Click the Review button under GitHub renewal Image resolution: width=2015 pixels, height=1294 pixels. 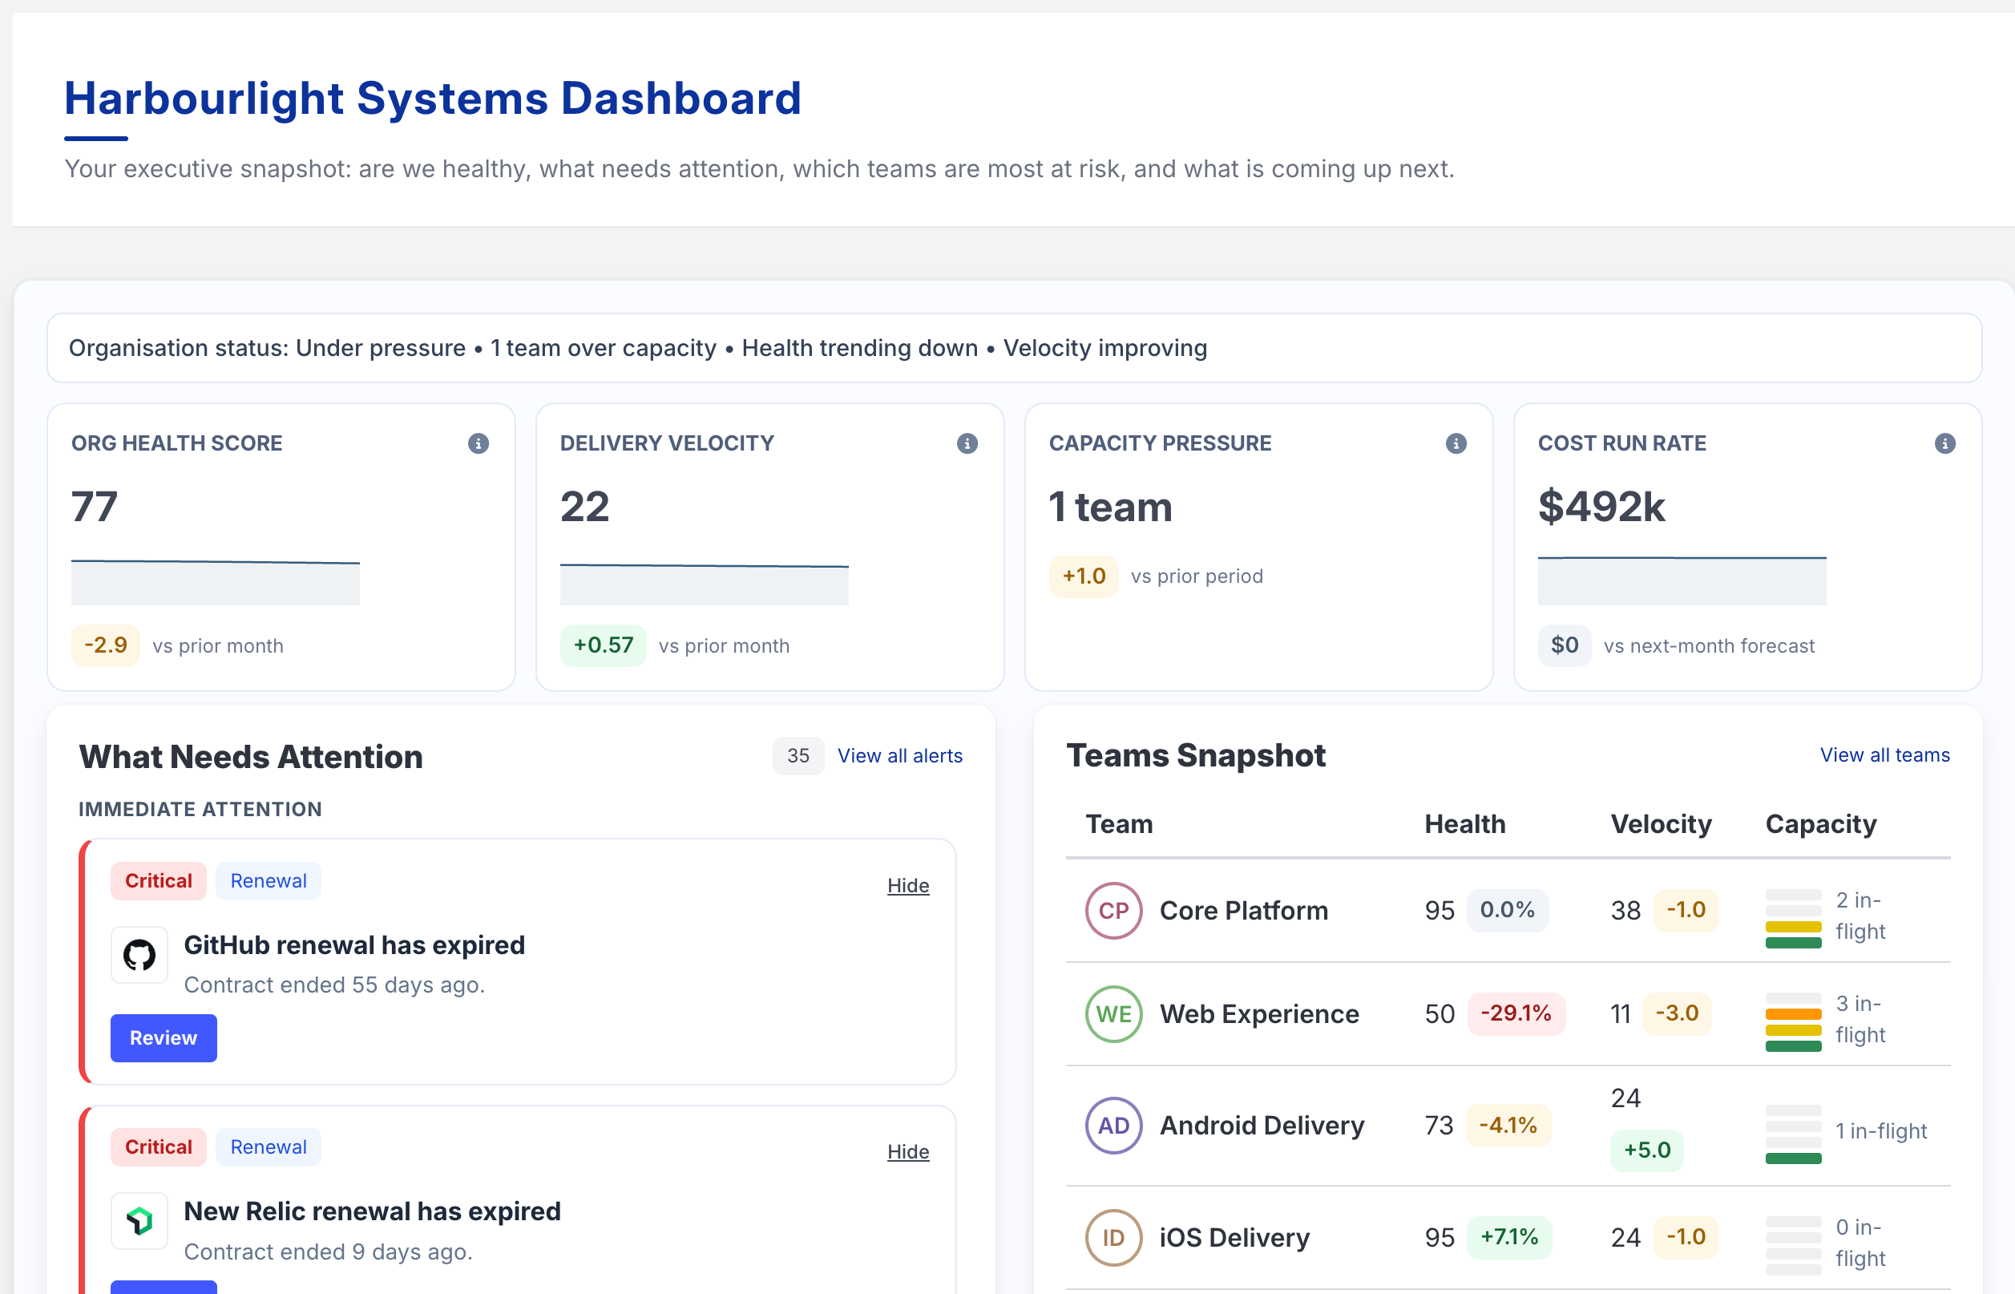pyautogui.click(x=163, y=1037)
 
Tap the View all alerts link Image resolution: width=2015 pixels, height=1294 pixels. pyautogui.click(x=899, y=755)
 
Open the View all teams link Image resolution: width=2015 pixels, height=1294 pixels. pyautogui.click(x=1884, y=754)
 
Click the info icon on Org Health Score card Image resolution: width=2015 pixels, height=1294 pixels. pyautogui.click(x=478, y=443)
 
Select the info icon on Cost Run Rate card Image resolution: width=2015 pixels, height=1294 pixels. pyautogui.click(x=1944, y=443)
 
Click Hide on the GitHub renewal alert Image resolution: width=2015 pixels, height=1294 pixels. pyautogui.click(x=907, y=885)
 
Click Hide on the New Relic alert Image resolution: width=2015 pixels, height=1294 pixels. pyautogui.click(x=907, y=1151)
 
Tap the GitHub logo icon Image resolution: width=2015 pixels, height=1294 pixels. pyautogui.click(x=139, y=955)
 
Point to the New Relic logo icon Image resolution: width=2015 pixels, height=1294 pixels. pyautogui.click(x=139, y=1220)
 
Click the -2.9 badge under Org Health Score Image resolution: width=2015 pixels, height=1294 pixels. pyautogui.click(x=106, y=645)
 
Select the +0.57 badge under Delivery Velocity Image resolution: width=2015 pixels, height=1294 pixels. pyautogui.click(x=602, y=645)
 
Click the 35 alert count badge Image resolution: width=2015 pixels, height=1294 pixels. pyautogui.click(x=798, y=755)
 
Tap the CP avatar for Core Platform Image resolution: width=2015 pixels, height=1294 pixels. pyautogui.click(x=1113, y=910)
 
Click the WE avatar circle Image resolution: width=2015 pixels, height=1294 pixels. pyautogui.click(x=1113, y=1013)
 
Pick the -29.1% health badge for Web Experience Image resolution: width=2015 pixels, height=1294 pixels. pyautogui.click(x=1515, y=1013)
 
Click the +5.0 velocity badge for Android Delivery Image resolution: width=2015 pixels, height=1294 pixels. pyautogui.click(x=1646, y=1150)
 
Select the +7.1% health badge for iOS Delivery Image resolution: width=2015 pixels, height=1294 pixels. pyautogui.click(x=1508, y=1237)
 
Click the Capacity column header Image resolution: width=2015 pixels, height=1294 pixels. pyautogui.click(x=1820, y=823)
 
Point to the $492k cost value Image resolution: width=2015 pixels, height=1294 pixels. pyautogui.click(x=1601, y=506)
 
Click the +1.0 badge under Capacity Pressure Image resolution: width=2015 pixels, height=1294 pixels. pyautogui.click(x=1083, y=576)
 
